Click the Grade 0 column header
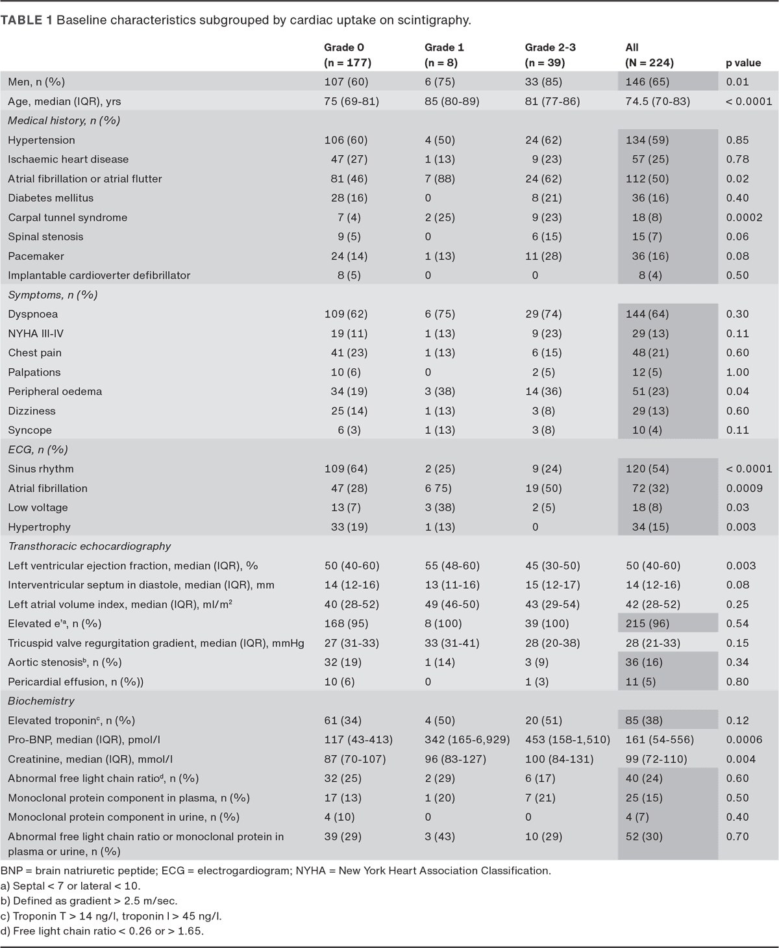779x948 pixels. tap(347, 55)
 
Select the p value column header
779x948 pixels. tap(743, 63)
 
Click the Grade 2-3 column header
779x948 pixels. tap(550, 55)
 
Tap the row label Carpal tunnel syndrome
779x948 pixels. tap(68, 218)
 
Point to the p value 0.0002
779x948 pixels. tap(744, 218)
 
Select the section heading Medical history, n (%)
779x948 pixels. tap(64, 121)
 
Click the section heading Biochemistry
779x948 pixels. tap(41, 701)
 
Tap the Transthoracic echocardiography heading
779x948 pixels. tap(89, 547)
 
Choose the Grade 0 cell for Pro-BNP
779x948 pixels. tap(358, 740)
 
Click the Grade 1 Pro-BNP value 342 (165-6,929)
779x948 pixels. tap(467, 740)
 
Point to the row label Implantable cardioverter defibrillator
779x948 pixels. tap(99, 275)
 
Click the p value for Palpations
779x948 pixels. tap(737, 373)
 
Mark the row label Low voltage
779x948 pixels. tap(38, 508)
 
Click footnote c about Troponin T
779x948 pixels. tap(111, 916)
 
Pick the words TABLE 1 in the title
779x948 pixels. tap(26, 20)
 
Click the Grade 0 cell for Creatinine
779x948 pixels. tap(354, 759)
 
